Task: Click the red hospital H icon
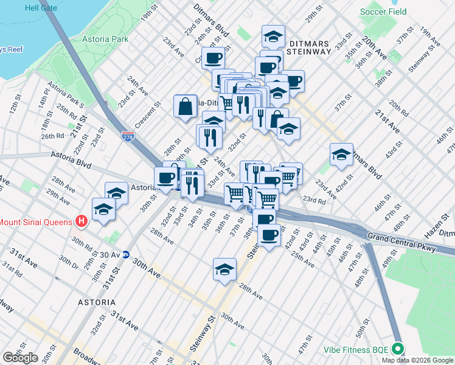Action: click(x=80, y=221)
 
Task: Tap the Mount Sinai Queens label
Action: click(x=36, y=221)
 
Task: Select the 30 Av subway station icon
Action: click(x=126, y=254)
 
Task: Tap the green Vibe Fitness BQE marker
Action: click(x=398, y=349)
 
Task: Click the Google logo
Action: click(x=20, y=358)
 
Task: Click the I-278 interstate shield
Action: click(x=128, y=138)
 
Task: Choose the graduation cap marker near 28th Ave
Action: click(x=224, y=269)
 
